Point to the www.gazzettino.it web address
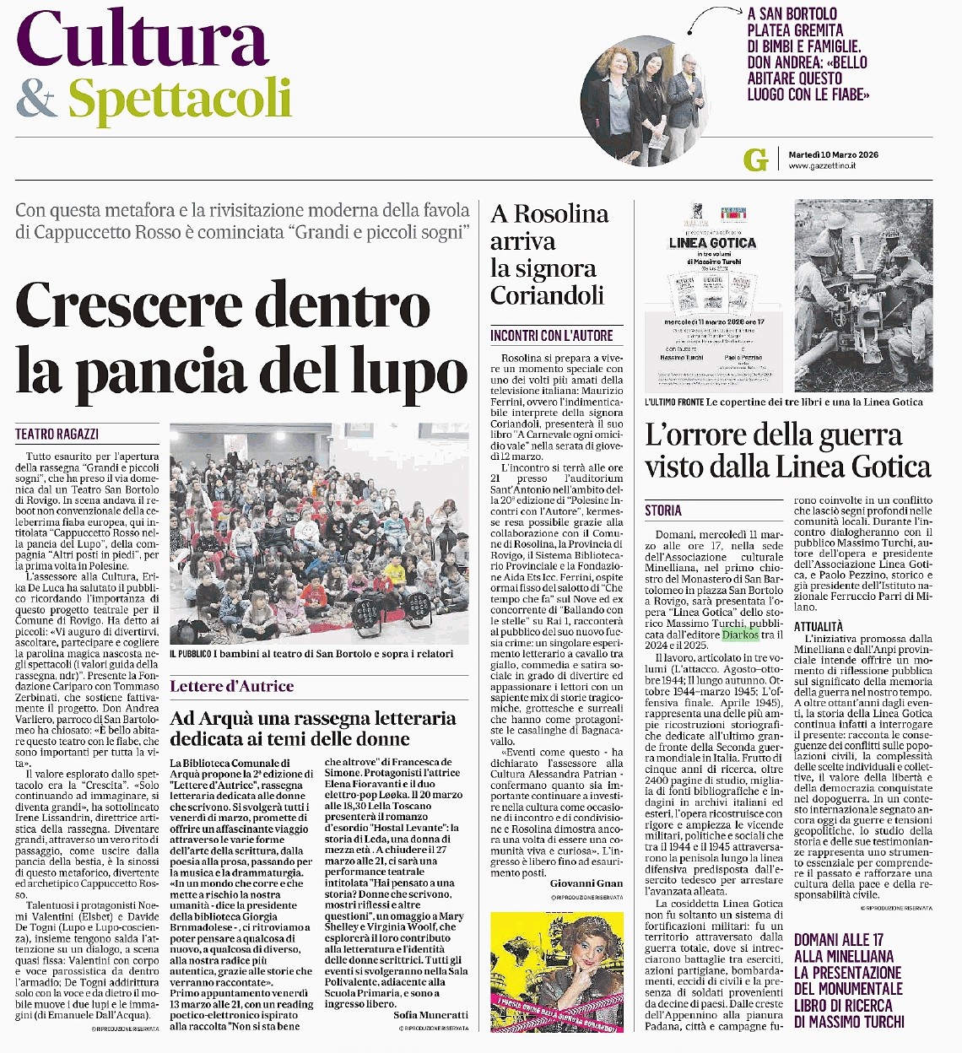coord(822,166)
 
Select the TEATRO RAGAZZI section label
coord(57,434)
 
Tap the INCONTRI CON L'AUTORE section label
coord(552,335)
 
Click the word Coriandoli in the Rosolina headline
coord(547,295)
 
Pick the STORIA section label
coord(663,510)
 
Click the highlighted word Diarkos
coord(740,634)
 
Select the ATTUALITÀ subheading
coord(818,626)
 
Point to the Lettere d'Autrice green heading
coord(232,686)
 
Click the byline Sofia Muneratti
coord(430,1015)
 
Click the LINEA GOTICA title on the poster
coord(712,243)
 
